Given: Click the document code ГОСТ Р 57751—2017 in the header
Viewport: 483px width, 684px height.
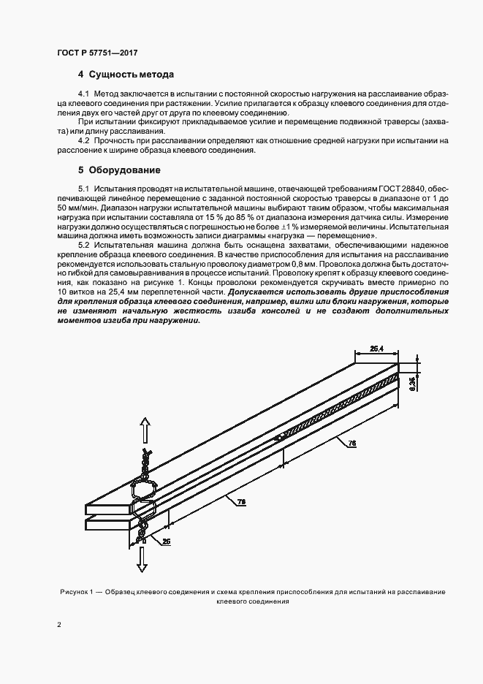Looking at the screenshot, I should click(x=96, y=53).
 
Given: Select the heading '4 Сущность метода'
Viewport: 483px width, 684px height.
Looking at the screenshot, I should click(x=126, y=75).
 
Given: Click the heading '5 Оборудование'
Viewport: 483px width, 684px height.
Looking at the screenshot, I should click(x=118, y=170).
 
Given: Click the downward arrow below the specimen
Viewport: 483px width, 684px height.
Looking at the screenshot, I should click(x=144, y=559).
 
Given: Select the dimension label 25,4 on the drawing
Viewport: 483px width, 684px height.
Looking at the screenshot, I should click(x=377, y=349).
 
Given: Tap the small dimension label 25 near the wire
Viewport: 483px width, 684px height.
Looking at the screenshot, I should click(x=165, y=541).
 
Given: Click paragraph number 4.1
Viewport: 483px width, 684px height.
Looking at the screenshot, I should click(x=83, y=95).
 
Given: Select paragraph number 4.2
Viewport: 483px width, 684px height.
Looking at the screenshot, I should click(x=83, y=140).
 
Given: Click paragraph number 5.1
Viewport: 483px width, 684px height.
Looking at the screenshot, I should click(x=83, y=188).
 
